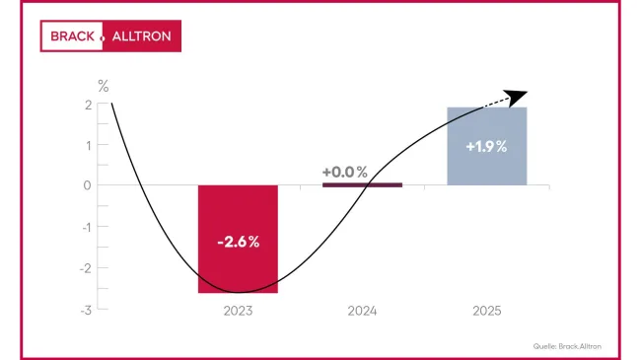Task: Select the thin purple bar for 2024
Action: [362, 184]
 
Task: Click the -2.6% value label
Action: [238, 242]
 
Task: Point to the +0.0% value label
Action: [345, 173]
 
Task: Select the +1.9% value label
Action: [486, 147]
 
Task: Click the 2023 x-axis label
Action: [238, 311]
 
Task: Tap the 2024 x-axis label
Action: [362, 311]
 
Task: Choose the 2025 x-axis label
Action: [486, 311]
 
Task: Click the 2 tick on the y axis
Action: [89, 105]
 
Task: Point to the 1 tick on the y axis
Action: [89, 145]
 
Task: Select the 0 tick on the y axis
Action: [88, 185]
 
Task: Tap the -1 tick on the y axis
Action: [87, 227]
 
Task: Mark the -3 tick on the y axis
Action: [87, 310]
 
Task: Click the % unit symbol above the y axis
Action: [103, 86]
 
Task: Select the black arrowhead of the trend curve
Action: [518, 96]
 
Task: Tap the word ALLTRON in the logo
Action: [140, 37]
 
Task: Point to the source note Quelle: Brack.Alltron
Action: [567, 345]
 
